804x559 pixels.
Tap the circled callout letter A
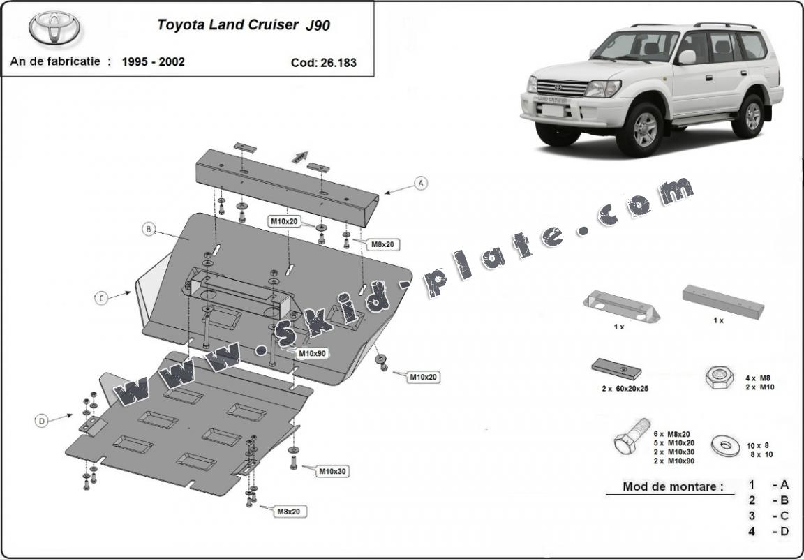[420, 183]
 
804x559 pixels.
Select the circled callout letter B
[149, 229]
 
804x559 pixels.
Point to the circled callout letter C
[101, 298]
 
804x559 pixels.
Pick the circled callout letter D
[41, 420]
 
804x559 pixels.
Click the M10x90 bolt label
[311, 353]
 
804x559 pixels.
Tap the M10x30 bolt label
[332, 471]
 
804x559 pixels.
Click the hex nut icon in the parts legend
[718, 378]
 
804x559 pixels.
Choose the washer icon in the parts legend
[724, 444]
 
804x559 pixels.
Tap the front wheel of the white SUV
[644, 128]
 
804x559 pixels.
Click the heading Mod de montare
[673, 486]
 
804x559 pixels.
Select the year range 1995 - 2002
[153, 61]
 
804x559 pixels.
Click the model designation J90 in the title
[318, 26]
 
